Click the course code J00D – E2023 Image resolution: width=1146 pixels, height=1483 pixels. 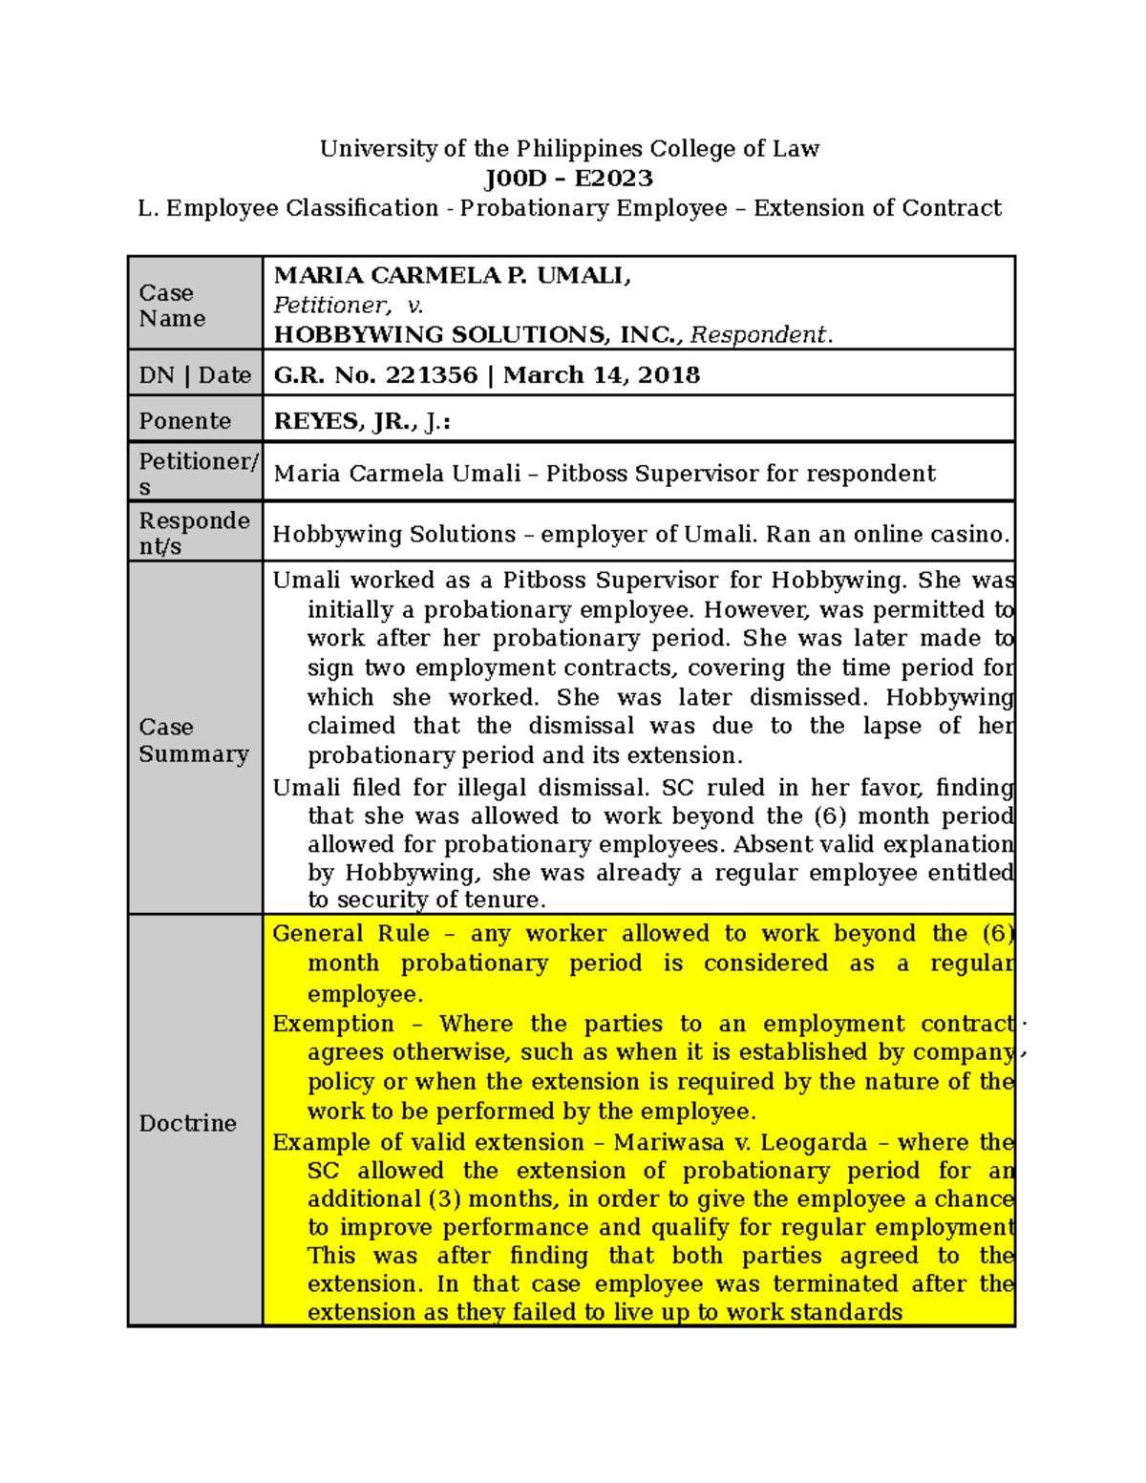tap(568, 179)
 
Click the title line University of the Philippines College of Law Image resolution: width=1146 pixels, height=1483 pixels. tap(569, 149)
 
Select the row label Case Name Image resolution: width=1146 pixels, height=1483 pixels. tap(172, 306)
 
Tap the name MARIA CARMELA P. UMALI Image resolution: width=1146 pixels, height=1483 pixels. tap(452, 276)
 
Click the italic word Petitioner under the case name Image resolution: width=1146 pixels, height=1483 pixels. tap(330, 306)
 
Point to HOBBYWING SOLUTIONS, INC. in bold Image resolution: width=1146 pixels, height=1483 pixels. tap(477, 335)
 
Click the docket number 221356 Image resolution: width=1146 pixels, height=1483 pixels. tap(431, 375)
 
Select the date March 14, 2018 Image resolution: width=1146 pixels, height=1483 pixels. tap(602, 375)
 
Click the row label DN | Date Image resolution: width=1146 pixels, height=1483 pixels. tap(195, 375)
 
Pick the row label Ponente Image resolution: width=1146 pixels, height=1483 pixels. tap(185, 421)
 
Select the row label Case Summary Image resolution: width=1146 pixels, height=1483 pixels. tap(193, 740)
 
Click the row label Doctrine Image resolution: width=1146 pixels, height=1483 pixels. tap(187, 1123)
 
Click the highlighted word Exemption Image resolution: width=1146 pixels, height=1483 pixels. tap(333, 1024)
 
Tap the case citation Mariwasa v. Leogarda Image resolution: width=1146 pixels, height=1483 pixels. tap(740, 1143)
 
